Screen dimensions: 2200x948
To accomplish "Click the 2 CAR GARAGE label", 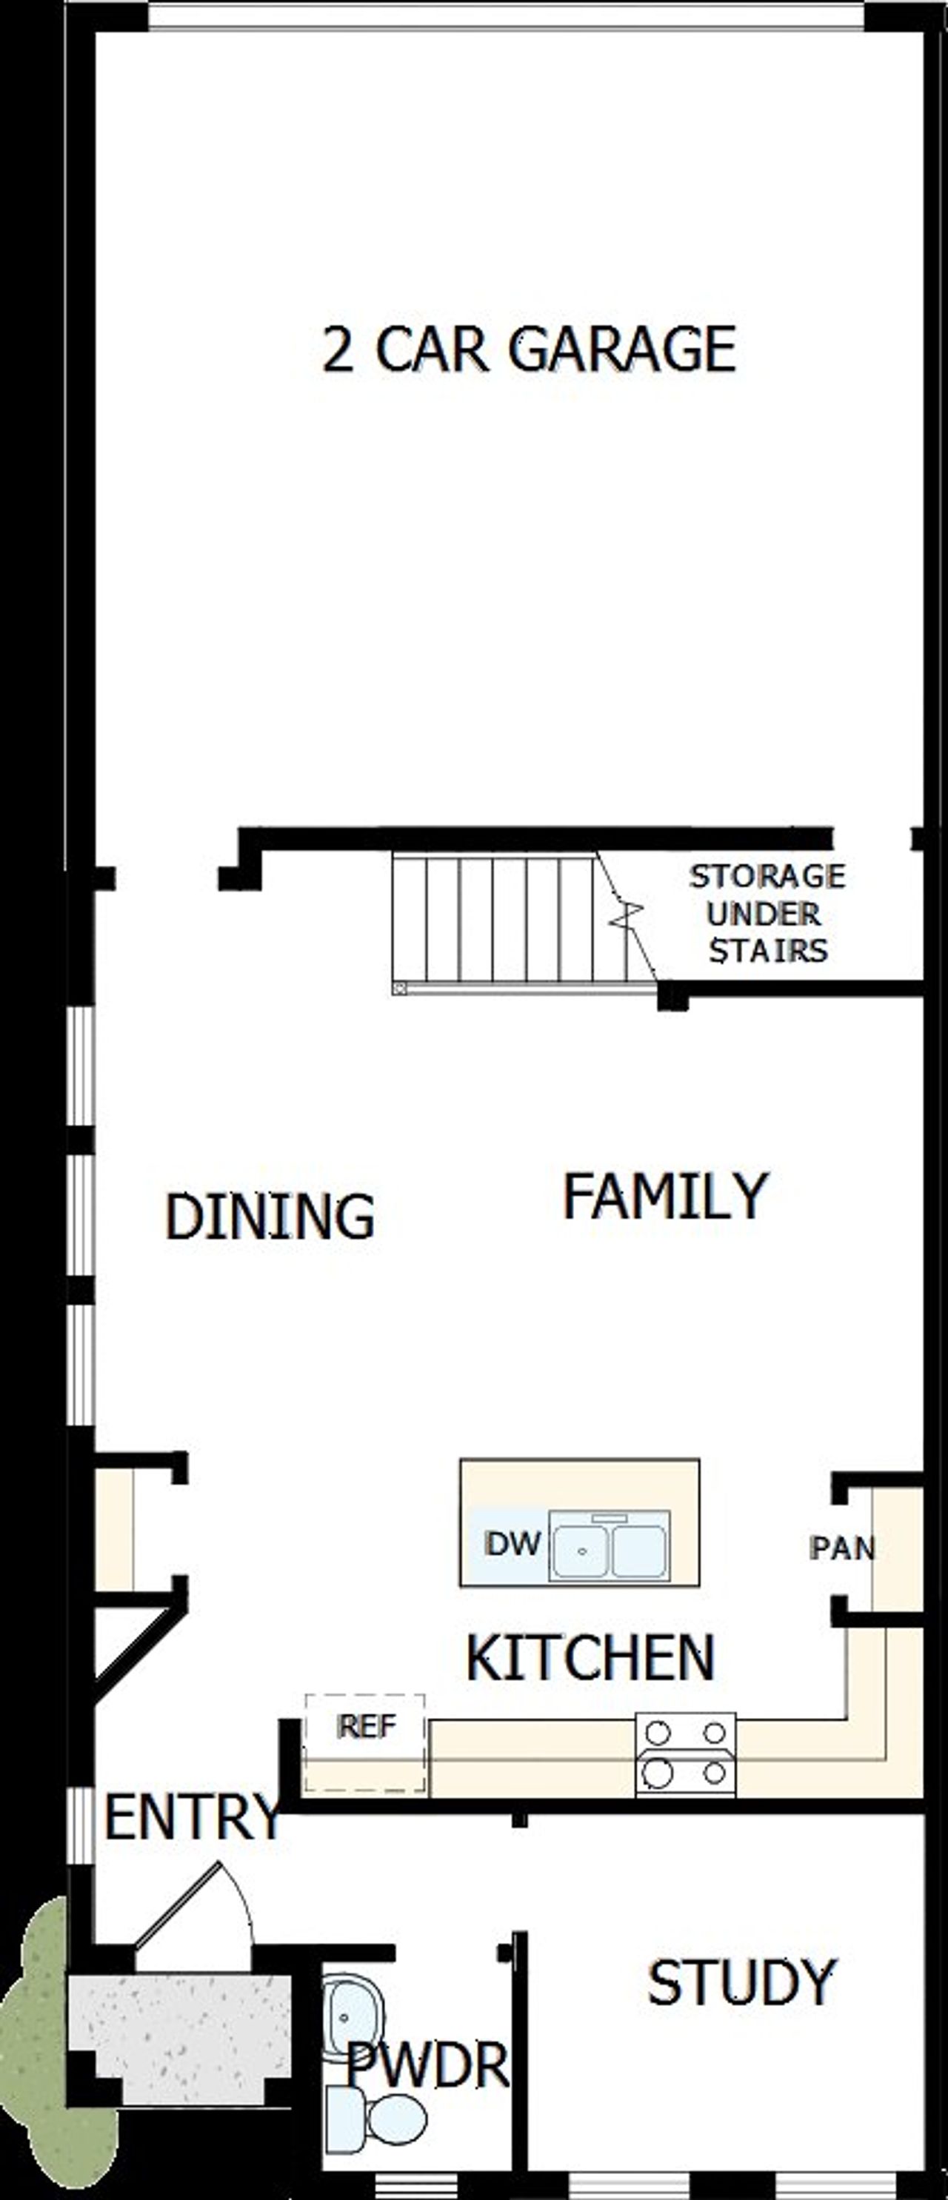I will click(529, 350).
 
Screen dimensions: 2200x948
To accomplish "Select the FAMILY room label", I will click(665, 1197).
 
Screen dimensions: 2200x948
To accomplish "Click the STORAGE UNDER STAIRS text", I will click(767, 913).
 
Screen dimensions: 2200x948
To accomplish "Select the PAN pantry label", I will click(842, 1548).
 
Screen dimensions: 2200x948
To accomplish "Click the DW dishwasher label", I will click(513, 1542).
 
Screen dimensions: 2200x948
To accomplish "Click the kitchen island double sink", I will click(610, 1546).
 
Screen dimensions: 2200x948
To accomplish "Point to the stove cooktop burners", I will click(685, 1753).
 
